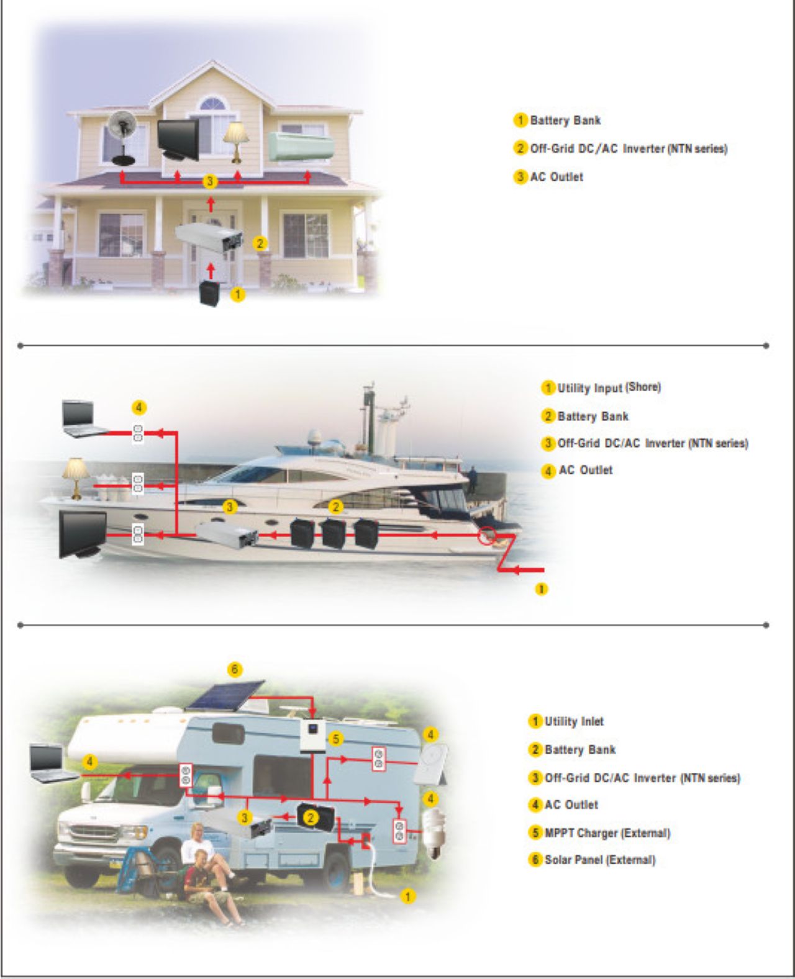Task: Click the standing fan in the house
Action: pyautogui.click(x=122, y=138)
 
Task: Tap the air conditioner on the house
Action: pyautogui.click(x=301, y=146)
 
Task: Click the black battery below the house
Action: pyautogui.click(x=209, y=294)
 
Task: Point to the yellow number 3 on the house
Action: pyautogui.click(x=210, y=181)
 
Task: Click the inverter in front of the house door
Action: pyautogui.click(x=209, y=238)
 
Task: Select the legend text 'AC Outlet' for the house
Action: pyautogui.click(x=557, y=177)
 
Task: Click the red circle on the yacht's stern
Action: pyautogui.click(x=486, y=536)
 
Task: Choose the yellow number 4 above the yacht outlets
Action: pyautogui.click(x=139, y=407)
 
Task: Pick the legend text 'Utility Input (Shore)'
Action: pyautogui.click(x=609, y=387)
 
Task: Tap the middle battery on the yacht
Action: pyautogui.click(x=334, y=533)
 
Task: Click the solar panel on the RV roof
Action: pyautogui.click(x=225, y=695)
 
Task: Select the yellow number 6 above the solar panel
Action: pyautogui.click(x=235, y=669)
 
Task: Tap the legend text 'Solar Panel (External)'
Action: pyautogui.click(x=600, y=860)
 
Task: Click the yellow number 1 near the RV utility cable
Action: pyautogui.click(x=408, y=896)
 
